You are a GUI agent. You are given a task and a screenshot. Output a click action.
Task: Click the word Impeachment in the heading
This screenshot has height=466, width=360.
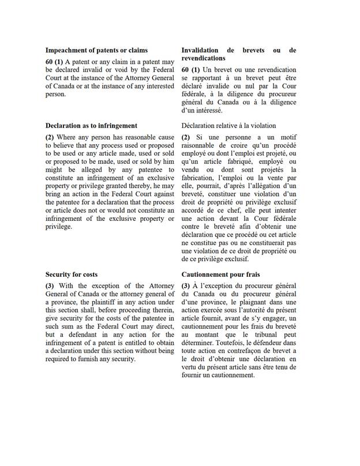(68, 50)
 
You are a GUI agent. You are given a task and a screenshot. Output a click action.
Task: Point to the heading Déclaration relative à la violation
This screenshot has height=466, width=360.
(228, 125)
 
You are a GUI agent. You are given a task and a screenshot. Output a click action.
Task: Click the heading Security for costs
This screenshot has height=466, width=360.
(72, 275)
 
